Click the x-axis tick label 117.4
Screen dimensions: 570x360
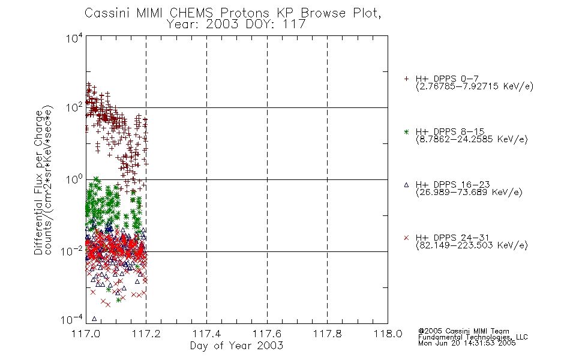206,334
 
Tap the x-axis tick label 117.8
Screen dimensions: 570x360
327,334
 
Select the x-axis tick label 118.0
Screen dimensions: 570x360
388,334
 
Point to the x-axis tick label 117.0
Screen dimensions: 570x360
86,334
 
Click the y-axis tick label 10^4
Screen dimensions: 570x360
74,38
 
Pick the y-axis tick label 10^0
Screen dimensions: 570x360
74,179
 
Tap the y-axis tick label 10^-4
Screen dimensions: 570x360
72,319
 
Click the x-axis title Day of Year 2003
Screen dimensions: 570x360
236,346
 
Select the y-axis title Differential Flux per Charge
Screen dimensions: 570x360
39,182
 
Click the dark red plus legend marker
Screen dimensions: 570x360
406,79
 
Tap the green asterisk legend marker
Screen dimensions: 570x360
406,131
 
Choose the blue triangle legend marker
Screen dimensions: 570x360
406,185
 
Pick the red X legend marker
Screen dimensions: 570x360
406,238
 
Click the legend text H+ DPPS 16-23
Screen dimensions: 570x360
453,184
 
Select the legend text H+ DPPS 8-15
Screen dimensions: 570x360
450,131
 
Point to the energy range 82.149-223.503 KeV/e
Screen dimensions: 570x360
472,245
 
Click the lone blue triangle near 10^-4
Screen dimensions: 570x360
94,319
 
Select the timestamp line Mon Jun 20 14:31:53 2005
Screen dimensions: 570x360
467,343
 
